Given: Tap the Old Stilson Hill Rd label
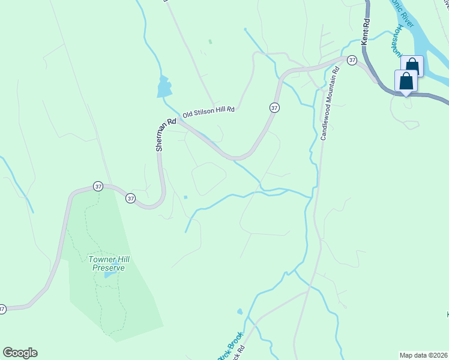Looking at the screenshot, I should click(208, 112).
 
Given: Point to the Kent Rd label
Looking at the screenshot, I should click(366, 31).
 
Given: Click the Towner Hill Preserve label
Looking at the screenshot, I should click(109, 263).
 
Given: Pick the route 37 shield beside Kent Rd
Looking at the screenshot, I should click(352, 60).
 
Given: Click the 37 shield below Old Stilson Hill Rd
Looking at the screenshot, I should click(274, 107).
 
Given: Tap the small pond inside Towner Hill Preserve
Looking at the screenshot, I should click(108, 275).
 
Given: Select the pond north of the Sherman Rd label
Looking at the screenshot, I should click(163, 88).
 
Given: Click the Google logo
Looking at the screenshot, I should click(20, 353).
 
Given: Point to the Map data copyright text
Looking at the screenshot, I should click(424, 355).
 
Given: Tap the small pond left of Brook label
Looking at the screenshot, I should click(240, 311).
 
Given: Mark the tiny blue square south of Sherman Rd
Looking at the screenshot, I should click(185, 197).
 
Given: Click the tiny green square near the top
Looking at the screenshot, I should click(210, 41).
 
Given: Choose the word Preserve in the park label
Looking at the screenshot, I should click(109, 268).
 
